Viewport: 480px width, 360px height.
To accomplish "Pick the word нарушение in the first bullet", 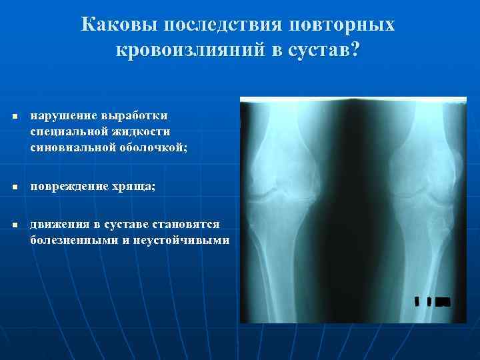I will pos(60,116).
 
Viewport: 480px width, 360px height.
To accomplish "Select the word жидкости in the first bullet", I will pos(138,131).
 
